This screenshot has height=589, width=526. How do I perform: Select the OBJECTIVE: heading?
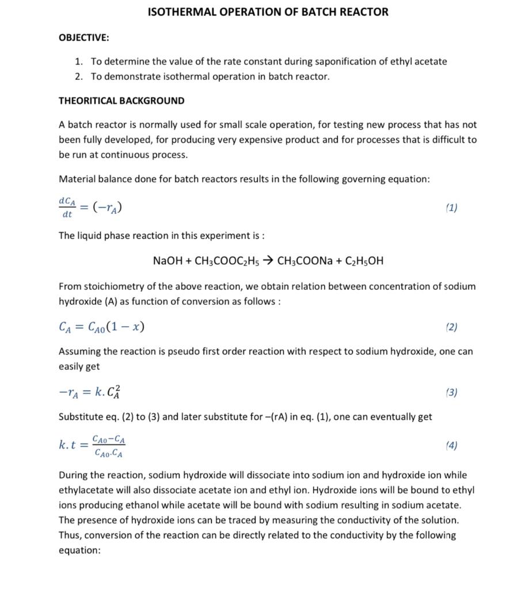(84, 37)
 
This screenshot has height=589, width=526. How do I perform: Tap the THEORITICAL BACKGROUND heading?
(121, 101)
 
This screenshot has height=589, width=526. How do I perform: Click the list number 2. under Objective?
(79, 77)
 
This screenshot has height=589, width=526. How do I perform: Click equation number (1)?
(452, 208)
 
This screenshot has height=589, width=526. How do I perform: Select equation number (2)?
(452, 327)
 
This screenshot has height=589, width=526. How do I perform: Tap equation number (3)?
(452, 392)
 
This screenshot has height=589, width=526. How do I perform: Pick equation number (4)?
(452, 445)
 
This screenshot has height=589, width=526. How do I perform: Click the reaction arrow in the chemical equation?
(268, 261)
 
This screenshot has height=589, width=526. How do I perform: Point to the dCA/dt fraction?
(67, 207)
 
